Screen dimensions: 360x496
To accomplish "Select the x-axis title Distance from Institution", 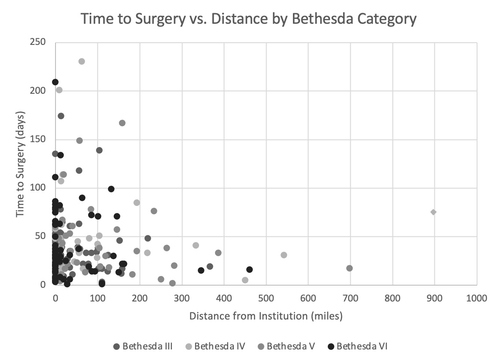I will pos(266,316).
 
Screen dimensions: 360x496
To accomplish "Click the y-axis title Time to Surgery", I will pos(20,164).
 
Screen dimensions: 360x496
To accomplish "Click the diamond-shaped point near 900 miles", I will pos(433,212).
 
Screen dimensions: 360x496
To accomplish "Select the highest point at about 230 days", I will pos(81,61).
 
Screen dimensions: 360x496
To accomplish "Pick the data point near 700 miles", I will pos(350,268).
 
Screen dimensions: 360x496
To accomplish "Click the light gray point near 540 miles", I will pos(284,255).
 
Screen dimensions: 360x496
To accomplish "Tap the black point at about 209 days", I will pos(55,82).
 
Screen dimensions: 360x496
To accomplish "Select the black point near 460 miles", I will pos(250,269).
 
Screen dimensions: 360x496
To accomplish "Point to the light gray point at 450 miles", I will pos(245,280).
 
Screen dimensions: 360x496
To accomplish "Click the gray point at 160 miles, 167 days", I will pos(122,123).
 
